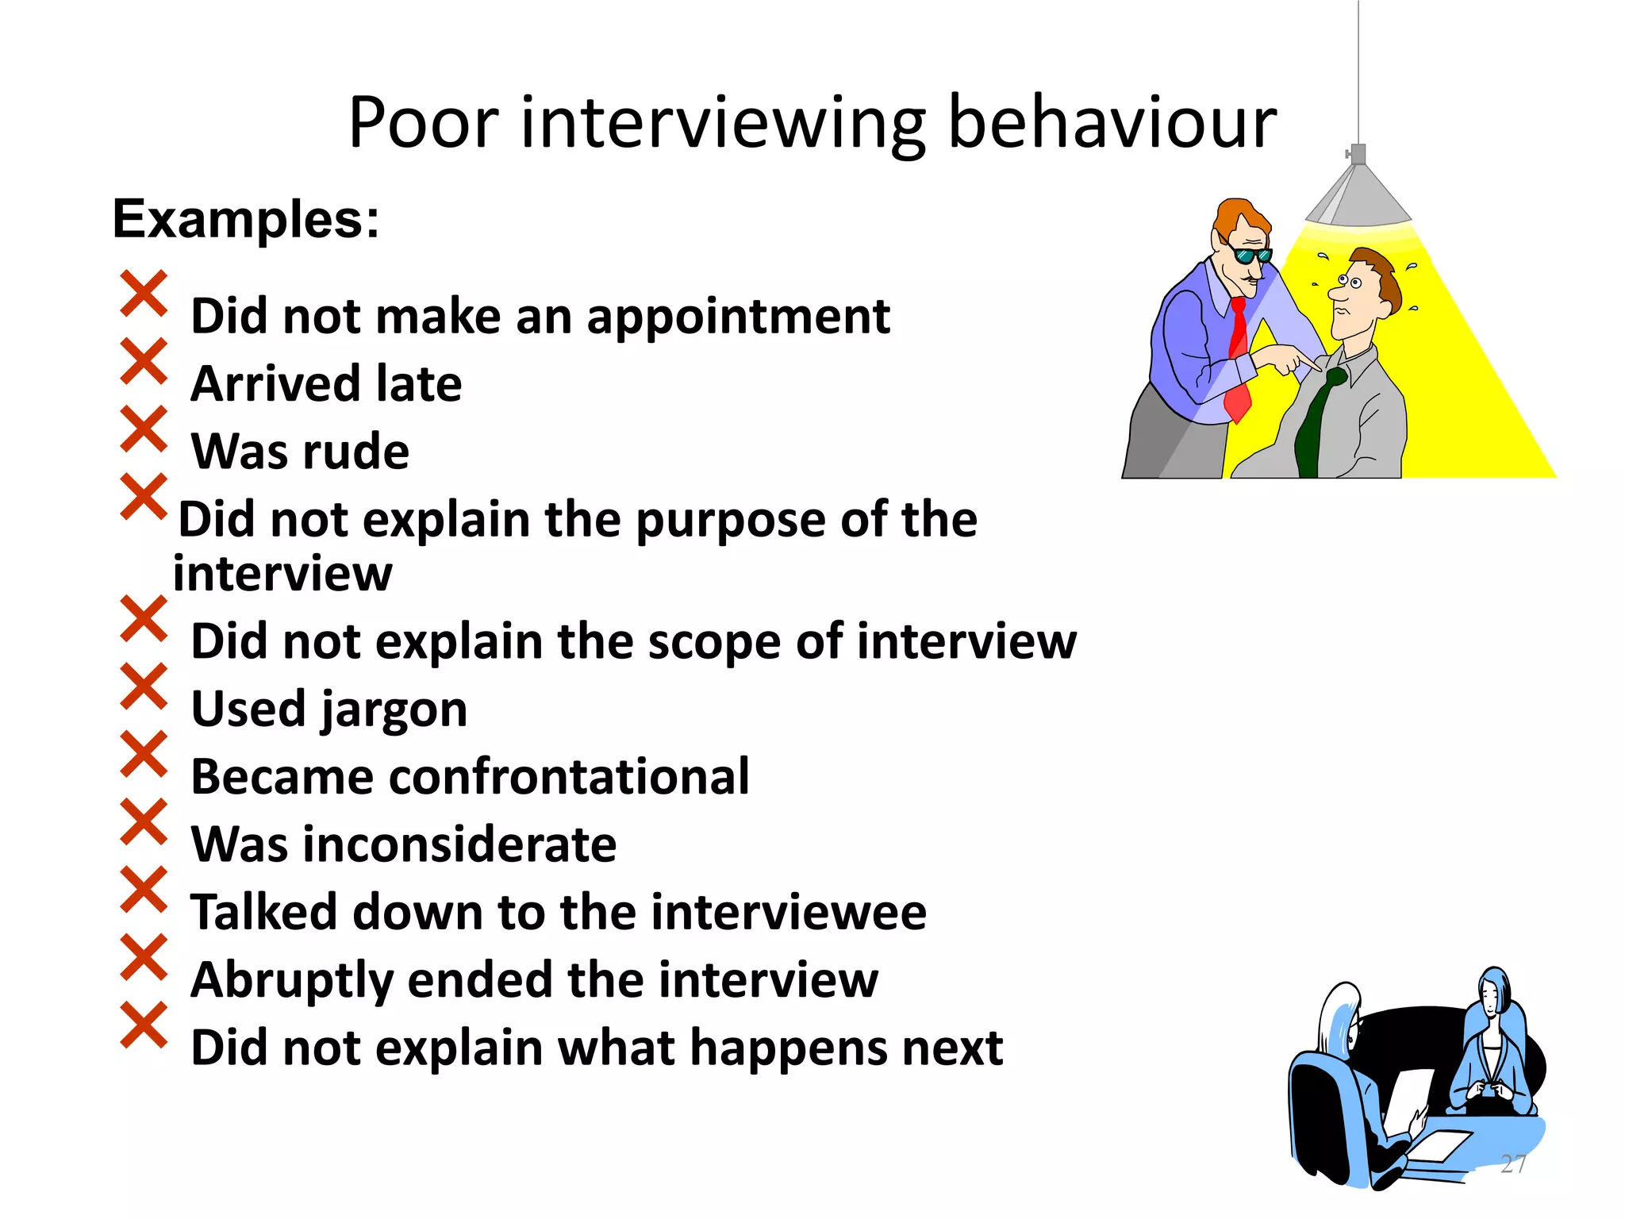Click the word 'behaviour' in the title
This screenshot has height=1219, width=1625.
pyautogui.click(x=1112, y=123)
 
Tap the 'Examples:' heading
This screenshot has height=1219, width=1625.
pyautogui.click(x=246, y=219)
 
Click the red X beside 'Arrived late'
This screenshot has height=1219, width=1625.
pyautogui.click(x=144, y=361)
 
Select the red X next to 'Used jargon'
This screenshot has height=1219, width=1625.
pyautogui.click(x=144, y=686)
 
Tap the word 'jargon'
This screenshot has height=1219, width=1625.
pyautogui.click(x=394, y=710)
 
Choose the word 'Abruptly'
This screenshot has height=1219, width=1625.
pyautogui.click(x=292, y=981)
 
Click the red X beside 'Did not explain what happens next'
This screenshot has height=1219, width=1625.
pyautogui.click(x=144, y=1025)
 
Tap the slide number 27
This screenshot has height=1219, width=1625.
pyautogui.click(x=1513, y=1163)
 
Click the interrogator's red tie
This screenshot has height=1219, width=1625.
pyautogui.click(x=1238, y=357)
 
